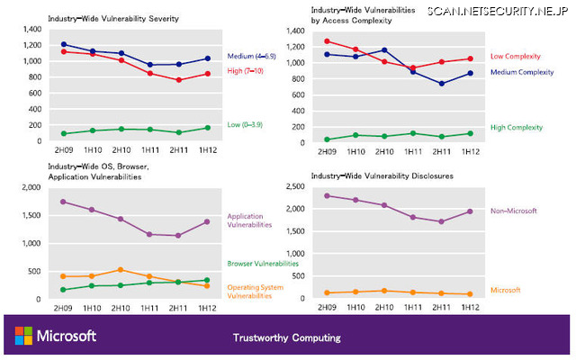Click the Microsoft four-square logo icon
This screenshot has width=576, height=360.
[22, 337]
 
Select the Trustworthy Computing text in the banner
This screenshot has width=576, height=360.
[287, 338]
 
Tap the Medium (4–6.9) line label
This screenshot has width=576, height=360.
[253, 56]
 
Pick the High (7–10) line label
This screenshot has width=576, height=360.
[246, 69]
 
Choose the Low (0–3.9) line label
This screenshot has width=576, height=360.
[246, 125]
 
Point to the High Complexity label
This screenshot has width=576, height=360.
[517, 128]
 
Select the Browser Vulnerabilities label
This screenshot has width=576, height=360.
[256, 264]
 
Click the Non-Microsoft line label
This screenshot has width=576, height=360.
[513, 211]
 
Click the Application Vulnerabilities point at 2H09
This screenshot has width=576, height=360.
[63, 202]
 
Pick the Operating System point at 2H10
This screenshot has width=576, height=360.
[121, 269]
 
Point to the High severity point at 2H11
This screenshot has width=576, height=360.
[179, 80]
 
